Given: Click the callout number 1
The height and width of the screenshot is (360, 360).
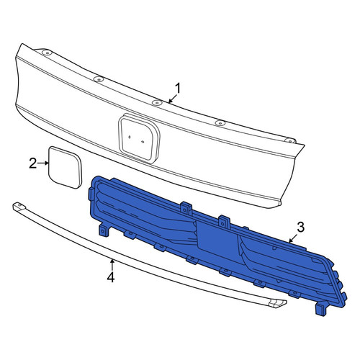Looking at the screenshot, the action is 178,89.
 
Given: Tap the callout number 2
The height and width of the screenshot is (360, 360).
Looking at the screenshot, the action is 33,163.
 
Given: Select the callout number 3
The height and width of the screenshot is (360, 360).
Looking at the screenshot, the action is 301,227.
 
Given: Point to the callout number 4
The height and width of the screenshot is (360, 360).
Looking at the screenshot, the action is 111,277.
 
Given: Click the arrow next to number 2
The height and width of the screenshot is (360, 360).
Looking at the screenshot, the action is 43,163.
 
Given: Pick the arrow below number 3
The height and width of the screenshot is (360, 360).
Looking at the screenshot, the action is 293,238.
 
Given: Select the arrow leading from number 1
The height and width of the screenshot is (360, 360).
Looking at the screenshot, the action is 173,99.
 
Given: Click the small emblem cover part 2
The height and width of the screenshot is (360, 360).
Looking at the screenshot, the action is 65,167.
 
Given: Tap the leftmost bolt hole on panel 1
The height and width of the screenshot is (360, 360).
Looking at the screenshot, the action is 47,53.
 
